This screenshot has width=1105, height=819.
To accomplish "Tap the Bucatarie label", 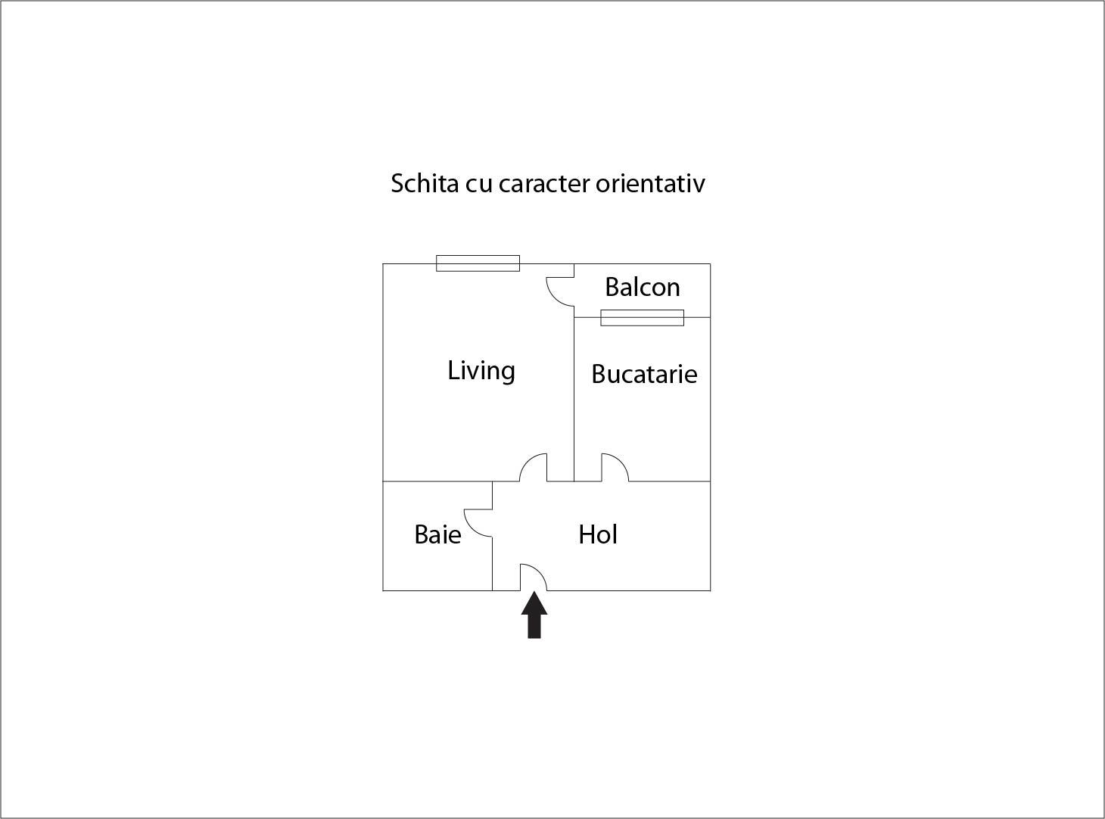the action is coord(644,375).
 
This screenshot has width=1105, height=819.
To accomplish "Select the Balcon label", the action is coord(642,287).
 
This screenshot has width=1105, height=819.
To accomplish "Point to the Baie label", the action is coord(438,535).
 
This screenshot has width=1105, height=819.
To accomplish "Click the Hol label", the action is coord(598,535).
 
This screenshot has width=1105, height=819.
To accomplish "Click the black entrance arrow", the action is coord(534,615).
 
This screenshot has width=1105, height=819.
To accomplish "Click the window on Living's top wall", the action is coord(478,263).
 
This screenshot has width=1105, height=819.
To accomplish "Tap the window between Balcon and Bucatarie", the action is coord(642,317).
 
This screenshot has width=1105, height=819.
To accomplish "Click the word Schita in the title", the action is coord(425,183).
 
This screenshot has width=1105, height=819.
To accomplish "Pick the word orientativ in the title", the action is coord(650,183).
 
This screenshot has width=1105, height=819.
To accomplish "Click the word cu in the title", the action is coord(479,185).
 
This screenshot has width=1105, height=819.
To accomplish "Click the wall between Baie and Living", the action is coord(437,481).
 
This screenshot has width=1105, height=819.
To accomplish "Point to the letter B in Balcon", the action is coord(612,287).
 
